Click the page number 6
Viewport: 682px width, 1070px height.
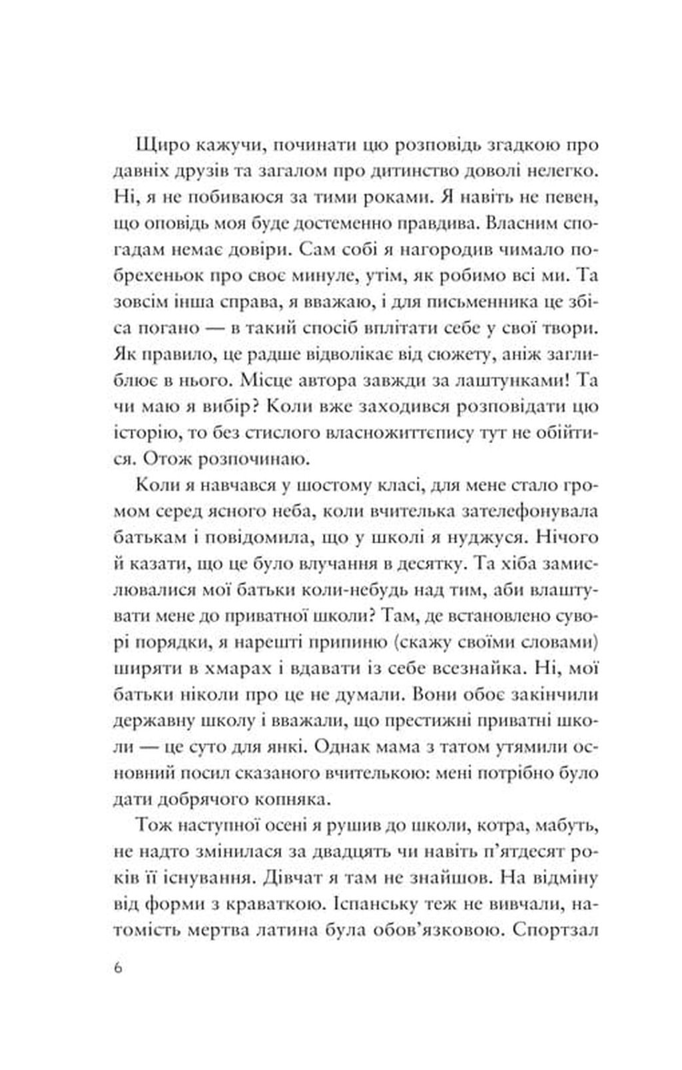(118, 968)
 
